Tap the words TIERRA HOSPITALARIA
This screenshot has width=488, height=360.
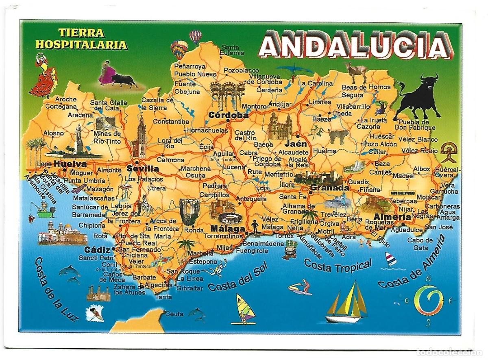click(81, 39)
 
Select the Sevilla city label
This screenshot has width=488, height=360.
click(142, 168)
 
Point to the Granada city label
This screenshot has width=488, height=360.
click(329, 188)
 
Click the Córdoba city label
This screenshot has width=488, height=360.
click(228, 115)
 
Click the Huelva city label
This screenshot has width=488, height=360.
click(70, 164)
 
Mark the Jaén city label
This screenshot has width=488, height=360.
click(296, 144)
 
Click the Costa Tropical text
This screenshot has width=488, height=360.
click(338, 266)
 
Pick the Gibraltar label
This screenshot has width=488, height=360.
click(190, 288)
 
